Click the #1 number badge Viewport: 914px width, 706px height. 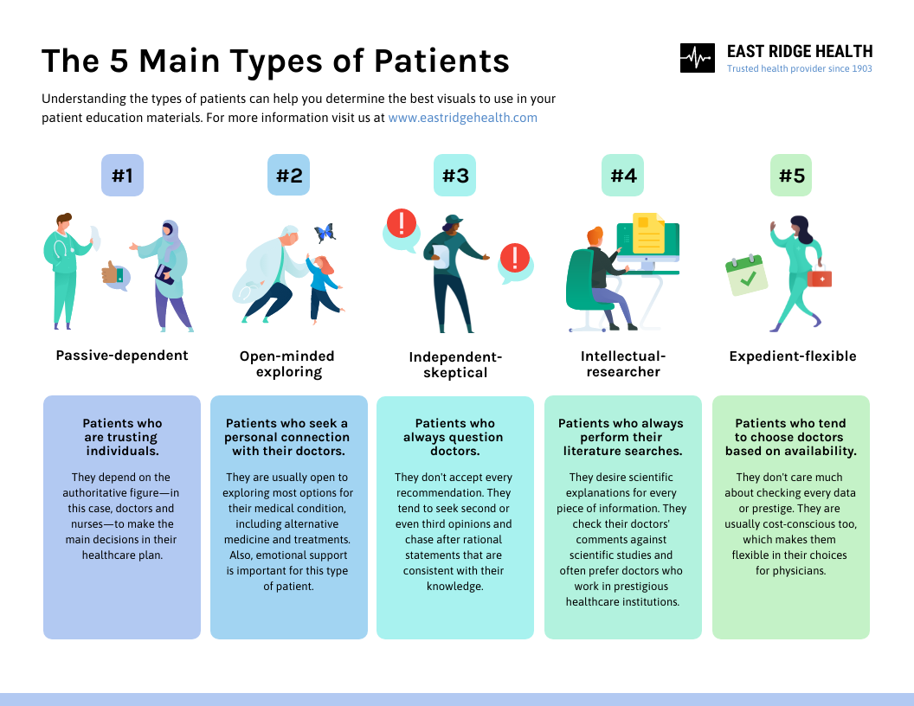(122, 176)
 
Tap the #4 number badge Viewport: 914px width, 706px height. (623, 176)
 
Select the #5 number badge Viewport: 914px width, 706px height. (791, 176)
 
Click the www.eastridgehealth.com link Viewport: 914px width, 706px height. (462, 118)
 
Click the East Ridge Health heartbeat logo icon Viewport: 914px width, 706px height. (698, 58)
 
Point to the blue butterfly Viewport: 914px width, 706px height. (325, 233)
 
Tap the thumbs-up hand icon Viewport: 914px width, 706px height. (112, 274)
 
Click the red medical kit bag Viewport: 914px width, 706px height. (819, 277)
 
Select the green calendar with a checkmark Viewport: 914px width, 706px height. (746, 276)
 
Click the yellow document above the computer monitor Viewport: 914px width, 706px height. (648, 233)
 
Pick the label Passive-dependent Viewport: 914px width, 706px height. (122, 356)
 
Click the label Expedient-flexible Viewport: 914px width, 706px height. (792, 356)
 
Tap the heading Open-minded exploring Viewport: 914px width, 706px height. (286, 364)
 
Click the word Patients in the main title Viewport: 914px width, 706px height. (441, 61)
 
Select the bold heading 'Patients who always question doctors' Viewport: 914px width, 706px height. (454, 437)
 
